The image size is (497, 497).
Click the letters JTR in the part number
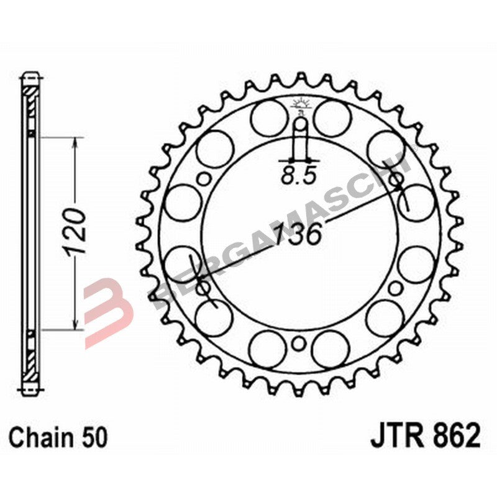point(396,436)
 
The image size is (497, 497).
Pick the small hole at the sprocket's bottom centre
point(299,343)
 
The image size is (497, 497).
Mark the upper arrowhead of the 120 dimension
point(75,143)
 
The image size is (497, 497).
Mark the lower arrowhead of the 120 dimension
point(75,323)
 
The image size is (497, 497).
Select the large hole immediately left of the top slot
point(268,117)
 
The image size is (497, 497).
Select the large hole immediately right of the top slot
point(331,117)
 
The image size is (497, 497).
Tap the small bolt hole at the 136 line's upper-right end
point(396,180)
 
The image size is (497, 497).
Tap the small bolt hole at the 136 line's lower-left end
point(202,288)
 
